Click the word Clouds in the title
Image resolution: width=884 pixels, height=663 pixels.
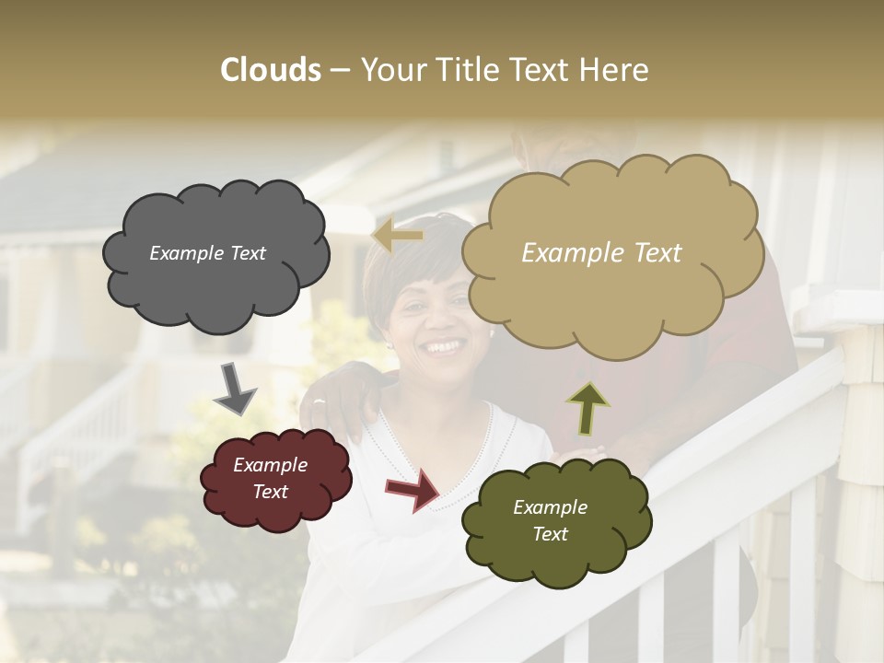click(x=271, y=70)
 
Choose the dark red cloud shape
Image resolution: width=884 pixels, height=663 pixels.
click(x=275, y=506)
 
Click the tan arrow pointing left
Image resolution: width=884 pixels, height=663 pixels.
click(x=398, y=236)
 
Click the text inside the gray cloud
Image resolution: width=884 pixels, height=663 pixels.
click(x=207, y=253)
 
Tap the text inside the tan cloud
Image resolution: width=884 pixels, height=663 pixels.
click(x=601, y=253)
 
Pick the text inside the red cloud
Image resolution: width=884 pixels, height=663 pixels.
click(x=271, y=478)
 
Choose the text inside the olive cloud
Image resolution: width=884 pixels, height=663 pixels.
click(x=550, y=520)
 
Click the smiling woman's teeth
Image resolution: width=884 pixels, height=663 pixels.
click(x=443, y=347)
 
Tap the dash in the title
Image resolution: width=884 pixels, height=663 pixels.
click(x=340, y=71)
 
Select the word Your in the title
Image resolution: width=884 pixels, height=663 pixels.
click(x=390, y=70)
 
